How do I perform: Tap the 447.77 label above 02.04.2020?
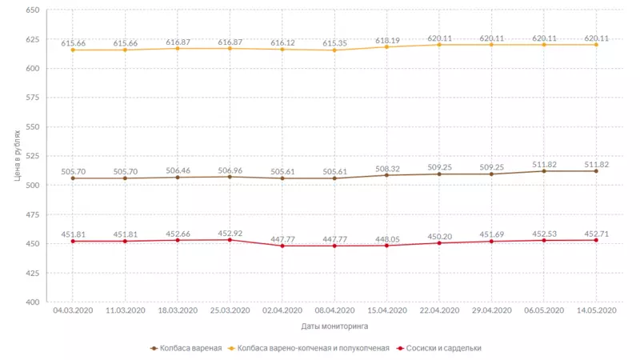[282, 238]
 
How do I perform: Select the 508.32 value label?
[387, 169]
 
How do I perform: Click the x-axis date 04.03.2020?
[73, 310]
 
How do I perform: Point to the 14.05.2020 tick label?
[597, 310]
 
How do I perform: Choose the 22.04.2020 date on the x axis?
[439, 310]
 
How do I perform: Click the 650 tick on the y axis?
[32, 10]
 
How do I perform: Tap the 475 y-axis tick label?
[32, 214]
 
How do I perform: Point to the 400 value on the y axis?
[32, 302]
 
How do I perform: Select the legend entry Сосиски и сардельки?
[442, 348]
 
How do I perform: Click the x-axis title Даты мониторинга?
[335, 326]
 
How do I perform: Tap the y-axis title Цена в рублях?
[17, 157]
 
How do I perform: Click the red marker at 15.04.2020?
[387, 246]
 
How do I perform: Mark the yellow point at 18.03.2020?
[178, 49]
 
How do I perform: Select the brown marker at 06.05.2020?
[544, 171]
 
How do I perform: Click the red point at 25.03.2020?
[230, 240]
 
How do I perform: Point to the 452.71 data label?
[597, 234]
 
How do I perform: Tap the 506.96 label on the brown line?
[230, 170]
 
